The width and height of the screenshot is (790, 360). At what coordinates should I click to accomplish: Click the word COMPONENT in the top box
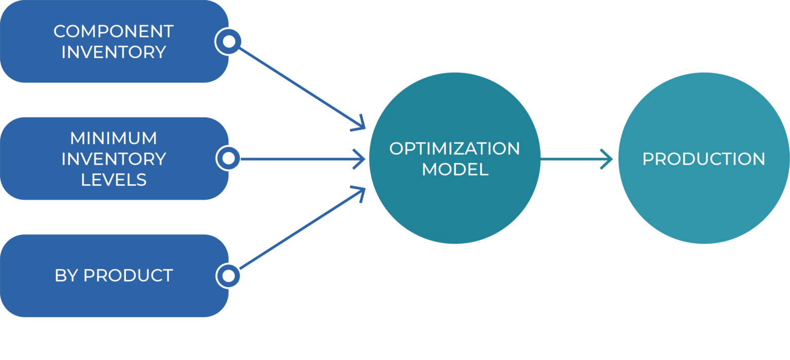[x=113, y=31]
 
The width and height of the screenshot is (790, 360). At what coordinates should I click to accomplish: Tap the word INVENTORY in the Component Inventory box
[x=113, y=52]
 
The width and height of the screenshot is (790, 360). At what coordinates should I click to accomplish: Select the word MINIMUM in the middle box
[x=113, y=138]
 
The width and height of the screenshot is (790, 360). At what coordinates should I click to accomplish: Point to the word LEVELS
[x=113, y=179]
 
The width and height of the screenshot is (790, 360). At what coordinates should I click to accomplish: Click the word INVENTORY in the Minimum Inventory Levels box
[x=113, y=159]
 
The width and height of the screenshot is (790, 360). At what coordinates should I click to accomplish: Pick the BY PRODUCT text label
[x=113, y=276]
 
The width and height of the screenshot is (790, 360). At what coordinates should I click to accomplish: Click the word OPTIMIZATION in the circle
[x=454, y=149]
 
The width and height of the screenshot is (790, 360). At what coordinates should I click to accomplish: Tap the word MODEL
[x=454, y=170]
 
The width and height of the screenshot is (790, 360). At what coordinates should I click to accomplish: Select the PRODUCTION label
[x=703, y=159]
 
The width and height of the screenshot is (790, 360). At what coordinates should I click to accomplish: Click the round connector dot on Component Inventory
[x=228, y=41]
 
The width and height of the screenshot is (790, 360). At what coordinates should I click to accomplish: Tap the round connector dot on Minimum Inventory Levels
[x=228, y=158]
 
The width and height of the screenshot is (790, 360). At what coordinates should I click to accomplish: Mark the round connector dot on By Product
[x=228, y=276]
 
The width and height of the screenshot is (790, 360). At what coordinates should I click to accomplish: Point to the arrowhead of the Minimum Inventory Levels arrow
[x=363, y=159]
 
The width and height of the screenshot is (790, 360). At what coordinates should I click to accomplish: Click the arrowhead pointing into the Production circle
[x=610, y=159]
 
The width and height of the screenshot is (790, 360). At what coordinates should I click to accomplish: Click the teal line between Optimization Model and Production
[x=571, y=159]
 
